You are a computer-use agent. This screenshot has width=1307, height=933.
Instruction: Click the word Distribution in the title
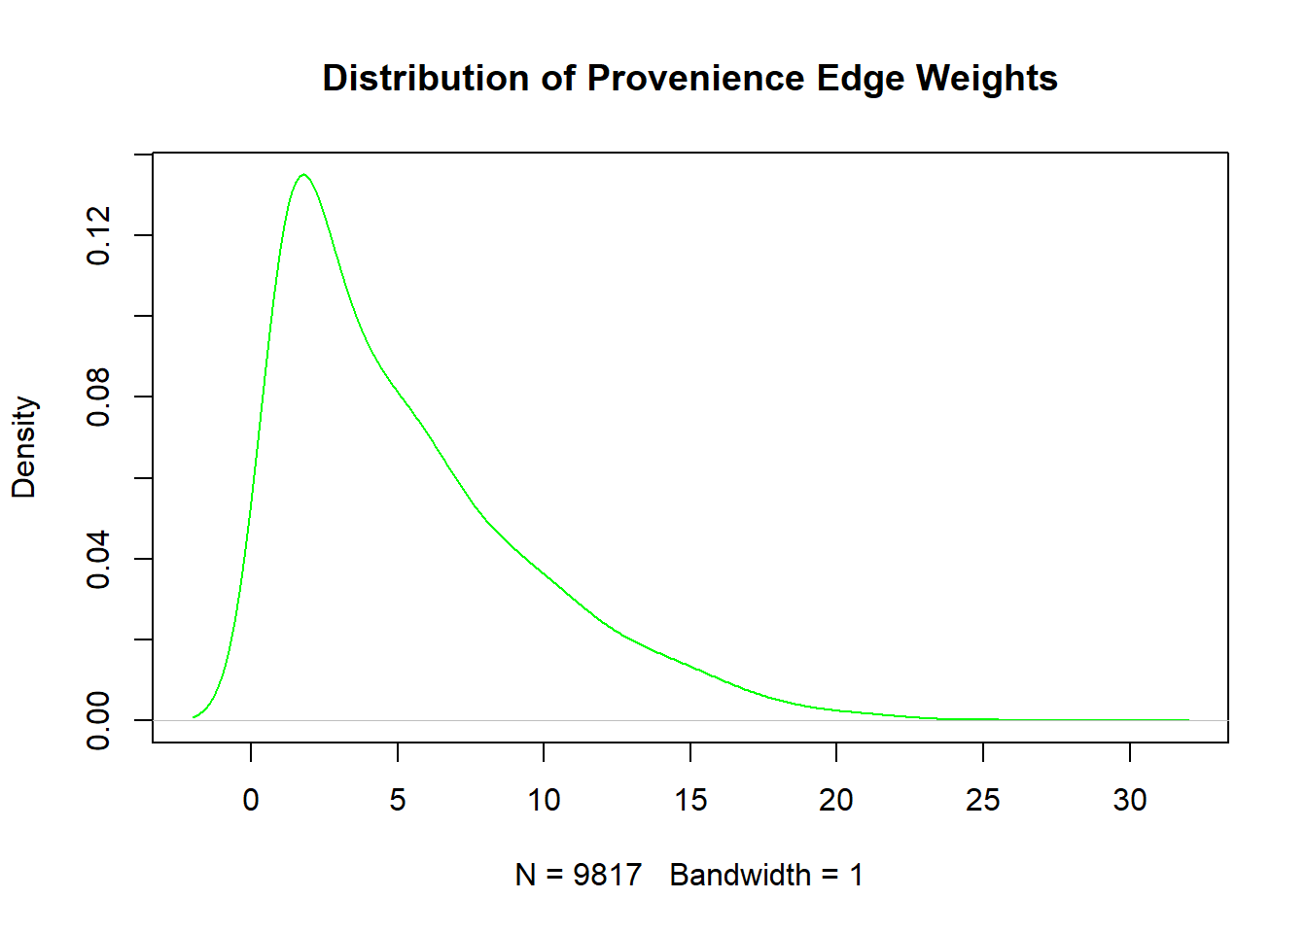coord(425,78)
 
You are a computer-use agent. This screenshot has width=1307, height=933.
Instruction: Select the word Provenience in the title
coord(695,78)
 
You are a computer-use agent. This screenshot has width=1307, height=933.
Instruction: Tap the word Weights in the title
coord(986,78)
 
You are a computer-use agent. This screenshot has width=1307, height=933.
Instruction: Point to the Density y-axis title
coord(24,447)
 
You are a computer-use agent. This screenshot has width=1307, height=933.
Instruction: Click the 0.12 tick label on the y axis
coord(98,235)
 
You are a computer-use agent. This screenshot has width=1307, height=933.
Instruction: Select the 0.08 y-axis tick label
coord(98,397)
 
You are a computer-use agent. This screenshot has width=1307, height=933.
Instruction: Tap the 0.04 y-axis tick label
coord(98,559)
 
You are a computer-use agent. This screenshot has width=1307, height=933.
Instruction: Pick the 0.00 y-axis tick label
coord(98,720)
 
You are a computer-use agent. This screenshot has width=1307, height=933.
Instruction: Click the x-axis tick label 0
coord(251,800)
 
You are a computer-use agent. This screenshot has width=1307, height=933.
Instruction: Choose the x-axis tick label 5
coord(398,800)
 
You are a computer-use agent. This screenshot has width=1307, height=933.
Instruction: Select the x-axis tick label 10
coord(544,800)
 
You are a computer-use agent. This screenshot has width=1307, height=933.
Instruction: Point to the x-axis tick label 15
coord(690,800)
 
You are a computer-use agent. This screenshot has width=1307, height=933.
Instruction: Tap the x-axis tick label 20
coord(836,800)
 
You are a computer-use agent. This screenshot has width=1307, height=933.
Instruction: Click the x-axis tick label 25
coord(982,800)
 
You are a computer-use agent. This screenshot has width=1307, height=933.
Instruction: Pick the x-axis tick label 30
coord(1130,800)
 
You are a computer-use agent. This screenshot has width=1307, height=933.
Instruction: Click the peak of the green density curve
coord(304,174)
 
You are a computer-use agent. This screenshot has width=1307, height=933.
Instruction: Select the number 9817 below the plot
coord(608,876)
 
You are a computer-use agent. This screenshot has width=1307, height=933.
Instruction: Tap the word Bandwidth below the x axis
coord(740,876)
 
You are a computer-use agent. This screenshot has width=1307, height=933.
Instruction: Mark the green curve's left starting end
coord(194,717)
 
